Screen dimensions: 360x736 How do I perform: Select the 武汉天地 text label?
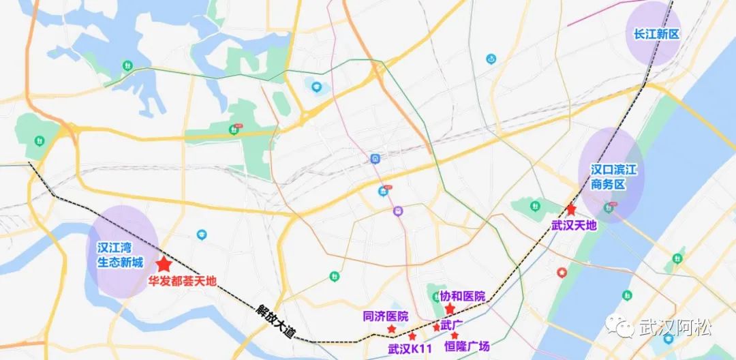pos(574,224)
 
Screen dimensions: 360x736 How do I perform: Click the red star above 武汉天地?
pos(571,209)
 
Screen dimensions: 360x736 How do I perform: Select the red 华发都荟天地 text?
pos(182,280)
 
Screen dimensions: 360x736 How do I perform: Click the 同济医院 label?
pos(386,316)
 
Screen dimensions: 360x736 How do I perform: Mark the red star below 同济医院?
pos(392,329)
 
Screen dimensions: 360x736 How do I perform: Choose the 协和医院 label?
pos(462,297)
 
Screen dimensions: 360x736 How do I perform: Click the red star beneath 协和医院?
pos(450,309)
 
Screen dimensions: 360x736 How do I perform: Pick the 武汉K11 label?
pos(410,349)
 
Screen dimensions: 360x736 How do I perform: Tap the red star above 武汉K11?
pos(412,336)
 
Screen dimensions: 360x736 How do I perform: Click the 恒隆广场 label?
pos(467,347)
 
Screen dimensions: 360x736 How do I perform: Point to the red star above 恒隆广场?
pos(455,335)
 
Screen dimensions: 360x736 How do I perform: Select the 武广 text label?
pos(452,325)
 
